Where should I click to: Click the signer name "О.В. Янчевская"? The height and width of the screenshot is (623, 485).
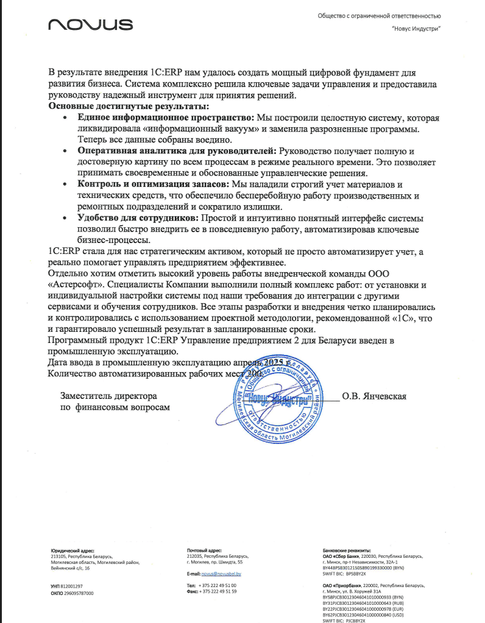tap(374, 396)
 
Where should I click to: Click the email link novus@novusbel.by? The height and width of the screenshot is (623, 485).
tap(222, 574)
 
